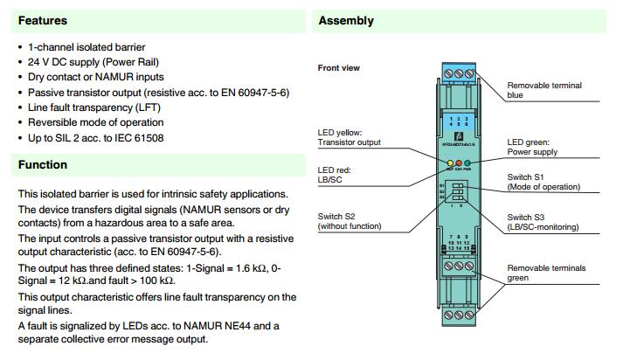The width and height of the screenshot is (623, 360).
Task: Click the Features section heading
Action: (43, 20)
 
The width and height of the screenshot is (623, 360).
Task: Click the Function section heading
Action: (43, 164)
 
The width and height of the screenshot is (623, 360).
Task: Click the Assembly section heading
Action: (346, 20)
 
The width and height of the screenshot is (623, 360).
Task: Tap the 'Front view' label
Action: (338, 67)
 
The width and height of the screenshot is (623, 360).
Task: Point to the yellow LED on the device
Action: (448, 163)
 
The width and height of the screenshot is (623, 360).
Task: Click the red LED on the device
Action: (458, 163)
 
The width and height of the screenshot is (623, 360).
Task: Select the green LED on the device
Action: (467, 163)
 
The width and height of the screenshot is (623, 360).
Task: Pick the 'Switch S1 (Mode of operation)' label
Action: (543, 182)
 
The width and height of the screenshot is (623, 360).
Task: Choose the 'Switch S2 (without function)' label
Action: (350, 221)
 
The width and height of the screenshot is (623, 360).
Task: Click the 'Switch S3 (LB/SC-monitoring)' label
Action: (543, 221)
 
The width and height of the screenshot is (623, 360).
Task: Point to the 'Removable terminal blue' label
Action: (544, 90)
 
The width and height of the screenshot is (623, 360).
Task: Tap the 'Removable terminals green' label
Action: (546, 273)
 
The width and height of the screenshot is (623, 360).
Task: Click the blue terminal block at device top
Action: (459, 75)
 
